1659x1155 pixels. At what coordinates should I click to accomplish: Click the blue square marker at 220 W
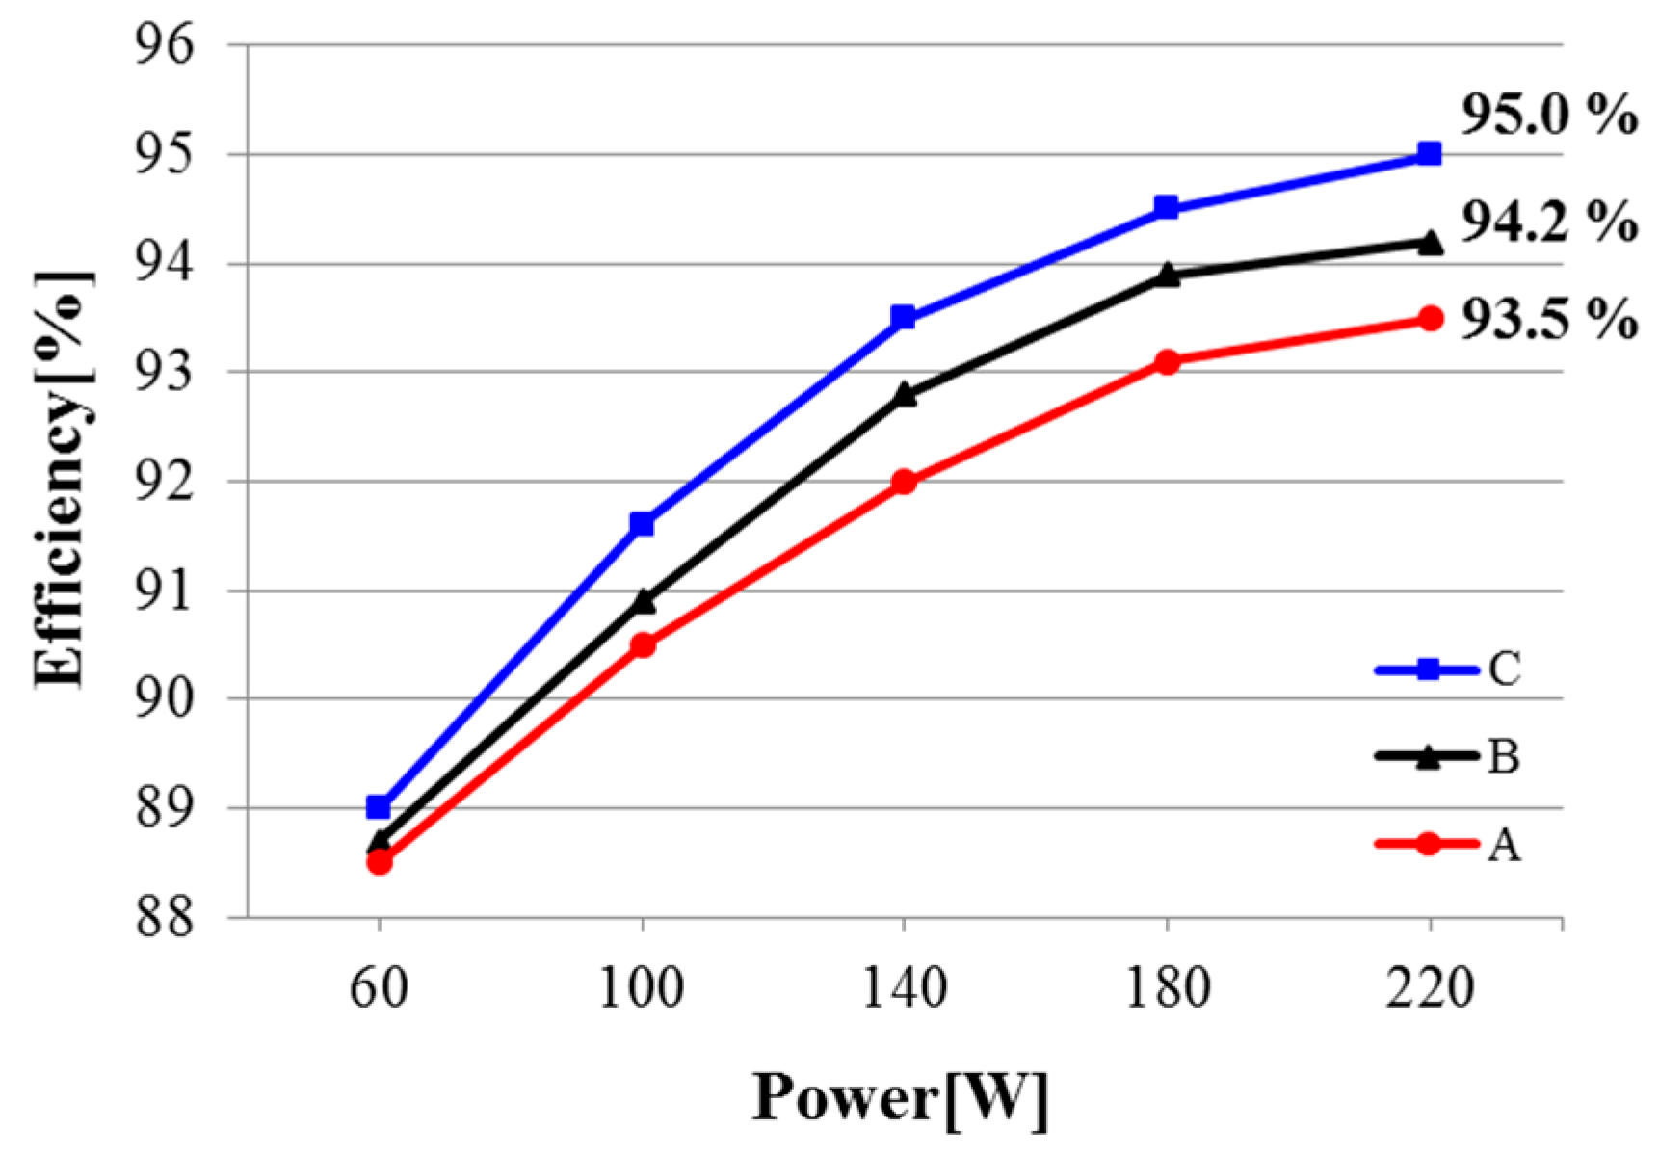point(1430,154)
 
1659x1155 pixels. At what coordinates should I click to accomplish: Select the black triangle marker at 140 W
point(904,394)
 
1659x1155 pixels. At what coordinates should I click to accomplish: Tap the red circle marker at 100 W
point(642,644)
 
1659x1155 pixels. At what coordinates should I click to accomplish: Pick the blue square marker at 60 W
point(379,806)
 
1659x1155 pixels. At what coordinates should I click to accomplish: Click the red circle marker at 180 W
point(1167,362)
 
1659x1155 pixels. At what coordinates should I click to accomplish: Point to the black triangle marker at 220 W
point(1431,243)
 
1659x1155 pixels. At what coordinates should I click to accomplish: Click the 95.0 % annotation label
point(1548,116)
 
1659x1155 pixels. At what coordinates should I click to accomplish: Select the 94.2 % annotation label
point(1548,223)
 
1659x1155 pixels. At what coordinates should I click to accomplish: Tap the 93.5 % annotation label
point(1548,319)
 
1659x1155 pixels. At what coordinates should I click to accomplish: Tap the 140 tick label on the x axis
point(904,988)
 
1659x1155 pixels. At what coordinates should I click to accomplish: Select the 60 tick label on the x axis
point(379,988)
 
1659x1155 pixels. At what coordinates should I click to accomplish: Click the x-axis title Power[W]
point(900,1099)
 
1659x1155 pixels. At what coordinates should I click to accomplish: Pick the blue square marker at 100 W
point(642,524)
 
